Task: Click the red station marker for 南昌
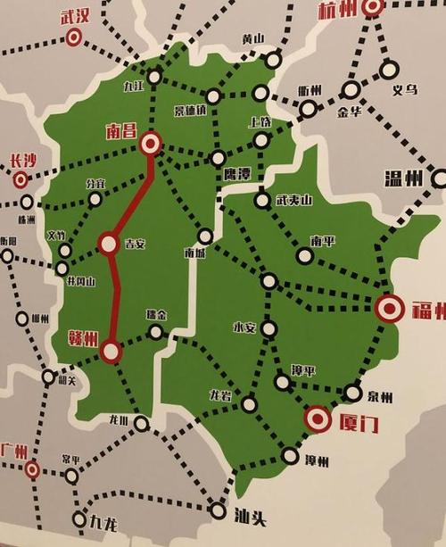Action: point(151,143)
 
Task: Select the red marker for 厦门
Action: point(317,417)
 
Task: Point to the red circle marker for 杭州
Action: point(372,8)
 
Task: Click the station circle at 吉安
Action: point(108,242)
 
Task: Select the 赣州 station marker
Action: point(111,352)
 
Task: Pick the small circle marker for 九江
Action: point(154,77)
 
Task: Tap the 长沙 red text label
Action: point(23,161)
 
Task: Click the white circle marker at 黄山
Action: point(273,60)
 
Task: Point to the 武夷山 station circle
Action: point(261,200)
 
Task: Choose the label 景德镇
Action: point(190,111)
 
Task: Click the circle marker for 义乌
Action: point(388,69)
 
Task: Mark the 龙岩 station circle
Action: point(249,404)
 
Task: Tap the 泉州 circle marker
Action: point(353,393)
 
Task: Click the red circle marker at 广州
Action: point(32,468)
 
